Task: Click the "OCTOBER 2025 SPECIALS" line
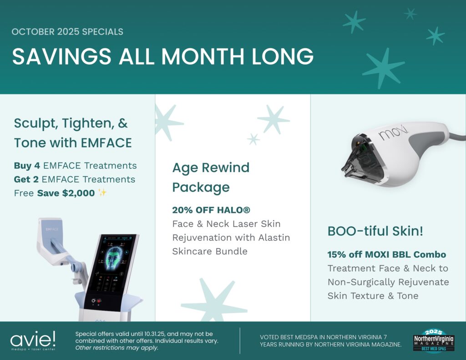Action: click(67, 32)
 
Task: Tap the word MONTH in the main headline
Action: click(203, 56)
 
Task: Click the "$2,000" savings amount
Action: click(78, 193)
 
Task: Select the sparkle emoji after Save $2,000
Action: click(102, 193)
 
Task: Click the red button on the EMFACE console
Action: click(99, 301)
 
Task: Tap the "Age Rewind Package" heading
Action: click(211, 177)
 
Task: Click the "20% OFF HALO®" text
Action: click(211, 210)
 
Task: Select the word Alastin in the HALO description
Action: click(274, 238)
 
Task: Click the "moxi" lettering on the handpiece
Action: click(393, 132)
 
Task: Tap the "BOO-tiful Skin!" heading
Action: click(375, 231)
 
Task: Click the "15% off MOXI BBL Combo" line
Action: click(387, 254)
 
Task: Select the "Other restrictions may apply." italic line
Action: click(117, 348)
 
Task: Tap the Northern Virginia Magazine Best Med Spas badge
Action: click(434, 341)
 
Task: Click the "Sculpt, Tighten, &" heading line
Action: click(71, 123)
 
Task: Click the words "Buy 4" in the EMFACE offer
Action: click(27, 166)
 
